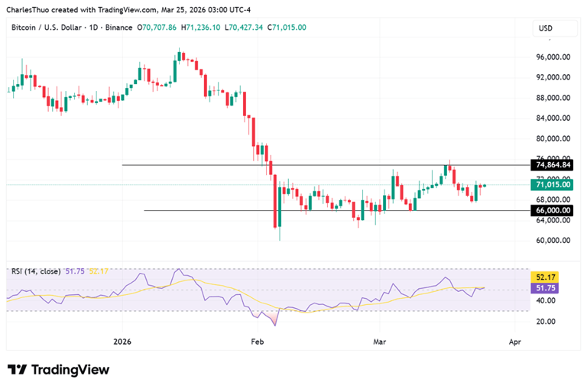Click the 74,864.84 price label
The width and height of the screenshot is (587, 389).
(554, 164)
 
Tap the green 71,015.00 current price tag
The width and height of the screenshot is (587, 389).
(554, 184)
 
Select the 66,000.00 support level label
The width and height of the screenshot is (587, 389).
(554, 210)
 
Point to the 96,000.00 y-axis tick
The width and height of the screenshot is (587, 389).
(555, 57)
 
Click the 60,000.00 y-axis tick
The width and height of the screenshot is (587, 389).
(555, 241)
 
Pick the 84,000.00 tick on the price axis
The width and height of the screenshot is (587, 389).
(555, 118)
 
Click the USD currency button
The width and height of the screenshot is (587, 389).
(546, 28)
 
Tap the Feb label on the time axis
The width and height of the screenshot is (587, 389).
(257, 342)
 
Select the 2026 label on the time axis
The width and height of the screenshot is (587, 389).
(122, 342)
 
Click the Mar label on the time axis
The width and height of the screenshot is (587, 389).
(382, 342)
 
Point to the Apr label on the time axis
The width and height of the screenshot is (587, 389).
(514, 342)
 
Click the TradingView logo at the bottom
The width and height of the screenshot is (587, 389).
(59, 370)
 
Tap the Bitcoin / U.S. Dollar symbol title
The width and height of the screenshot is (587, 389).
(43, 28)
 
